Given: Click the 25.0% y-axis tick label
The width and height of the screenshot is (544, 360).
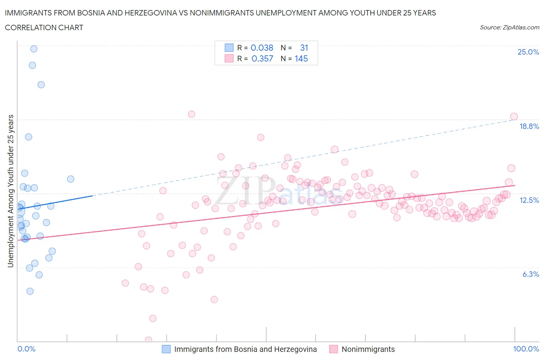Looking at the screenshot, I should [x=528, y=52].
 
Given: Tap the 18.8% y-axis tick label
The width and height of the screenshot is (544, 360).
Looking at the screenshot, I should [x=529, y=126].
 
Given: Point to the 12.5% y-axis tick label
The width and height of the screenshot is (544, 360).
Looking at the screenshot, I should [x=529, y=200].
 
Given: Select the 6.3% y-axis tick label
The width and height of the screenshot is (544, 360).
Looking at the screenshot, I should [x=530, y=274].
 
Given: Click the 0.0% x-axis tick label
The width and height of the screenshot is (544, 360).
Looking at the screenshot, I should [x=26, y=349].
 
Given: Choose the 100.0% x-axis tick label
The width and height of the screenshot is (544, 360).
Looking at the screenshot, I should [x=526, y=349].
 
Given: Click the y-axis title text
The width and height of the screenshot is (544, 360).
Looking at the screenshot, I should [x=10, y=191].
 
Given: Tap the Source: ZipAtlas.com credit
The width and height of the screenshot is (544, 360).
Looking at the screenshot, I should [x=509, y=27].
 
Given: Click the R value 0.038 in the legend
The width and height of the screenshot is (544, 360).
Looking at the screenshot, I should [x=262, y=48].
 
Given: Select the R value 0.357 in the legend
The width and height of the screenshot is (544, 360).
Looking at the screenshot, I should [x=262, y=58].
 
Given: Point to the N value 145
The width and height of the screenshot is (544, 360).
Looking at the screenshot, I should [x=301, y=58].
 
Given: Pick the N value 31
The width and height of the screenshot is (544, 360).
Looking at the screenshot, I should [x=304, y=48].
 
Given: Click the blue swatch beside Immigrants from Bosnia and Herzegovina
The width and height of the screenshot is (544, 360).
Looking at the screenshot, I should [x=166, y=349].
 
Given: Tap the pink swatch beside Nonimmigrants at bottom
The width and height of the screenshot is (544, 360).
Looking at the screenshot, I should [x=334, y=349].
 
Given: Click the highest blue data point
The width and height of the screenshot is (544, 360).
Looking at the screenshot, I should [x=34, y=49].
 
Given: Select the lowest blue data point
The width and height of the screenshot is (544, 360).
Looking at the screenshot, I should [x=30, y=291].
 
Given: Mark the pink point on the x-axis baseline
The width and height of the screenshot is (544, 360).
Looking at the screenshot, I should [x=148, y=340].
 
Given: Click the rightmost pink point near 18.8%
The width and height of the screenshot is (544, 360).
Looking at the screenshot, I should [x=514, y=117].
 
